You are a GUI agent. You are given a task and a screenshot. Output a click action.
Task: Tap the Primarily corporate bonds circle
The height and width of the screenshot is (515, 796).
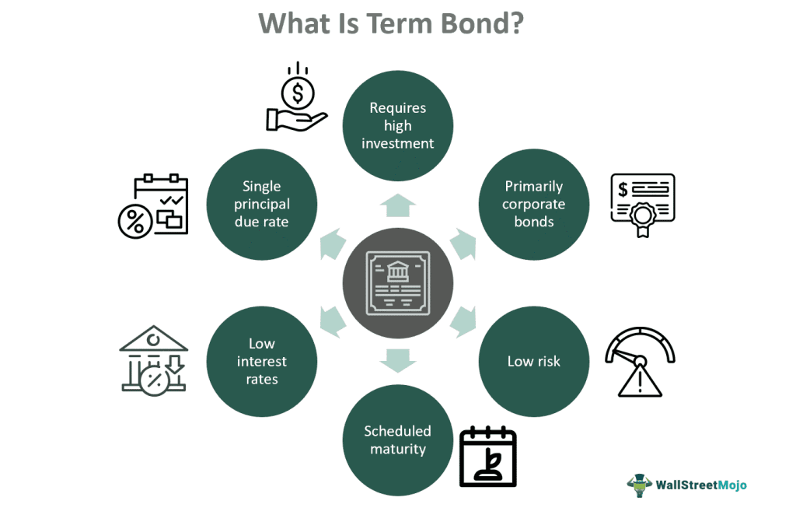coord(533,205)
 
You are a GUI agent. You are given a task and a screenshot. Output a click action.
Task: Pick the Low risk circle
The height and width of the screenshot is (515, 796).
coord(533,361)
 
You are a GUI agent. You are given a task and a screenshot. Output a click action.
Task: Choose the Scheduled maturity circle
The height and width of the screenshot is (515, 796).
coord(397,440)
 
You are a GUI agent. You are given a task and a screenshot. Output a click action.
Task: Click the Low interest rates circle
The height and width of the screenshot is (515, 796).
coord(262,361)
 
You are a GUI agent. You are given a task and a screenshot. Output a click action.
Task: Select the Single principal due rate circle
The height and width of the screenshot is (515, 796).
coord(262,205)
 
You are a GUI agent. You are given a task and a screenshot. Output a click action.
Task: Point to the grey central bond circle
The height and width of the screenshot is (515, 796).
coord(397,283)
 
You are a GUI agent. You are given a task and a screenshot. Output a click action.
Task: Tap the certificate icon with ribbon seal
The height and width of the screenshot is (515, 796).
coord(642,205)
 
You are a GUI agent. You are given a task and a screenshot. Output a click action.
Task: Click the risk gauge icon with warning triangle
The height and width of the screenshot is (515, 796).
coord(639,362)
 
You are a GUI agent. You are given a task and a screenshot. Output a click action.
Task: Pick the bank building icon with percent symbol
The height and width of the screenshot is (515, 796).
coord(154,360)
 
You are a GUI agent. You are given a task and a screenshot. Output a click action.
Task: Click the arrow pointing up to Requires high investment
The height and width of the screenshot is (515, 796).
coord(397,205)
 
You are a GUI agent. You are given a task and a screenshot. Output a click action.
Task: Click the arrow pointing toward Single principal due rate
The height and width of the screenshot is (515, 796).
coord(332,243)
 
